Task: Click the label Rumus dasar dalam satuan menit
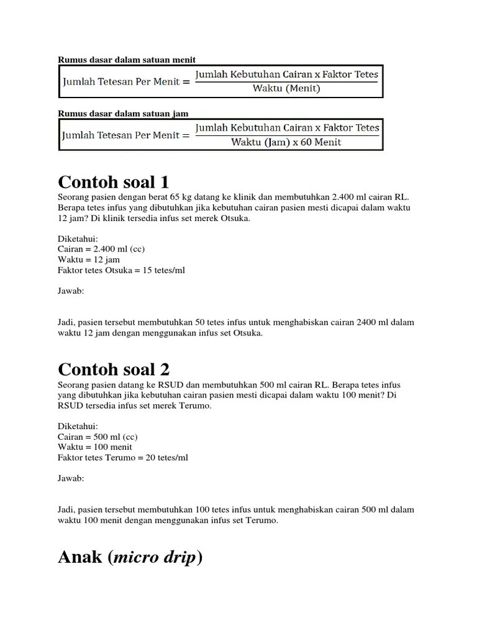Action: pos(127,60)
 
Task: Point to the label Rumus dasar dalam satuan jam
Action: pos(123,114)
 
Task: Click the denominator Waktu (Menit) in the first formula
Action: pos(286,88)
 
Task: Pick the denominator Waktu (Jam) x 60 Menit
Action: pos(286,142)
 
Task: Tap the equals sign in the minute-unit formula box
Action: pos(185,81)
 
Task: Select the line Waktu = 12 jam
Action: pos(89,260)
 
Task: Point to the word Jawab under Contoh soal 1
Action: pos(71,291)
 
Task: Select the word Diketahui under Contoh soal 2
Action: pos(78,426)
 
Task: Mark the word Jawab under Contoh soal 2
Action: pos(71,478)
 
